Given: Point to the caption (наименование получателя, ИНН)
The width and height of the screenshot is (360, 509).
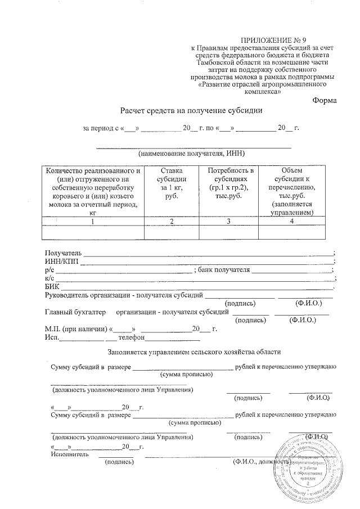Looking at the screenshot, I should [192, 153].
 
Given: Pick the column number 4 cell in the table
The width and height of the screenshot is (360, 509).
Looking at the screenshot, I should [291, 222].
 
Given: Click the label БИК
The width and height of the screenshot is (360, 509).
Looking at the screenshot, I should [51, 287].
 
